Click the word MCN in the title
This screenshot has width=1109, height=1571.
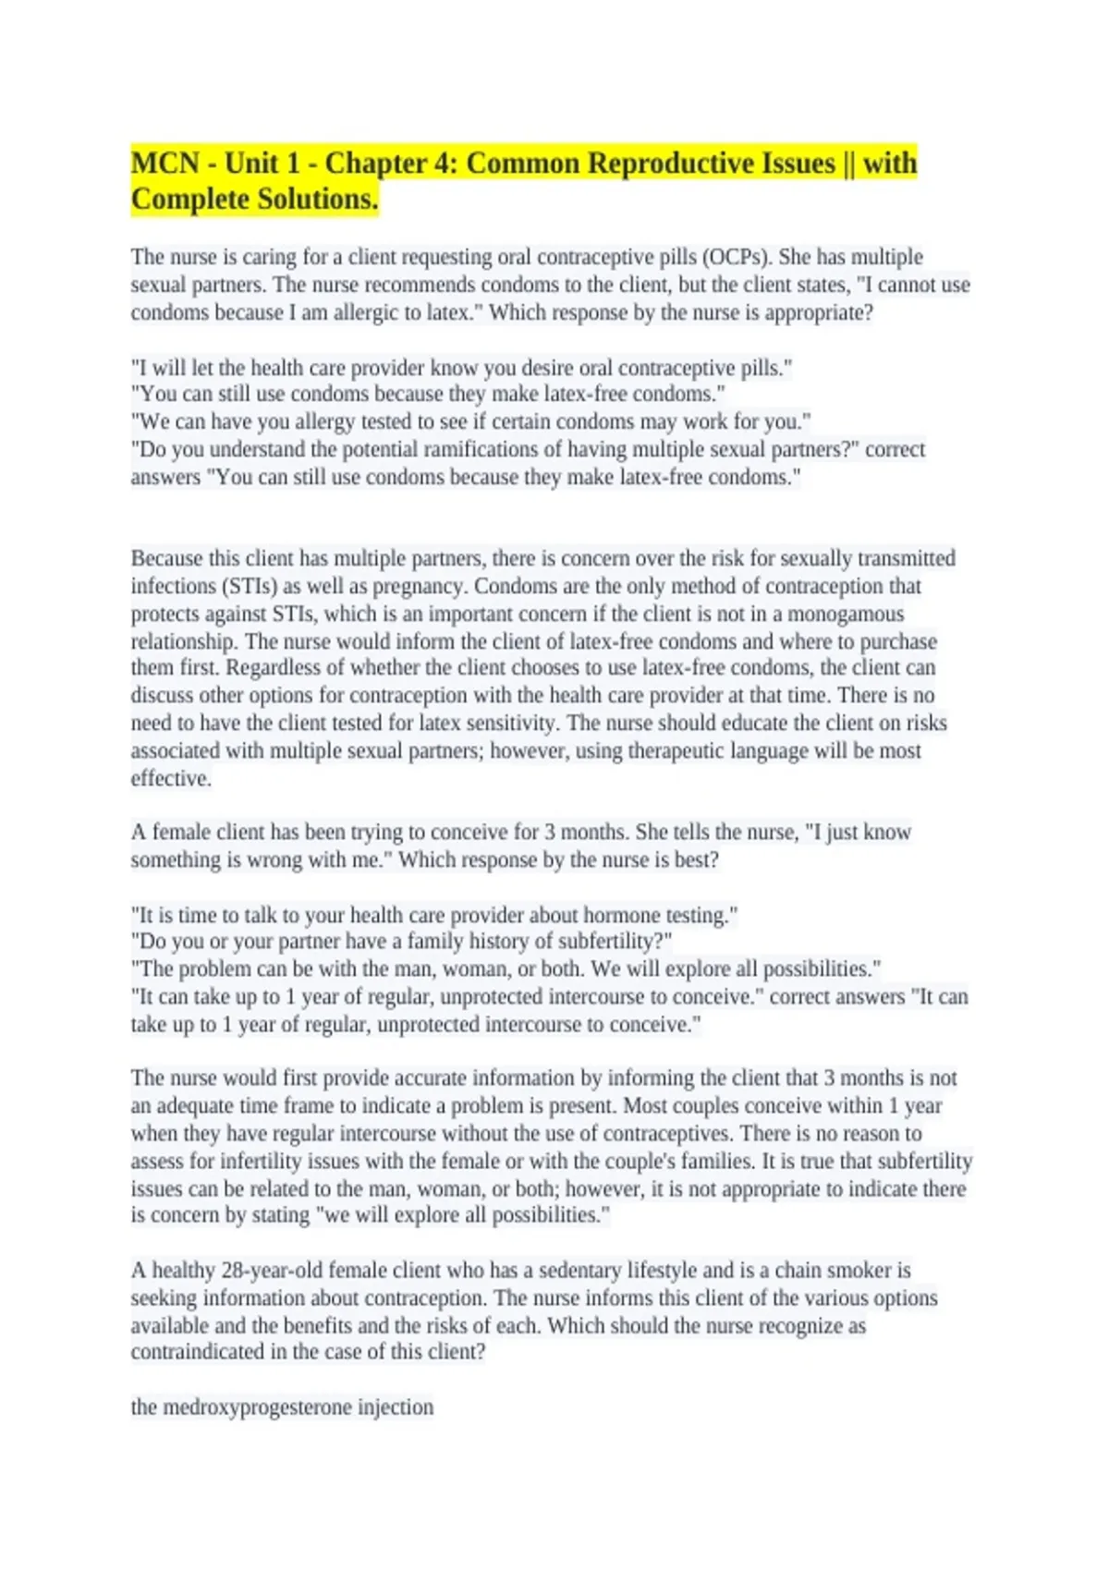point(165,164)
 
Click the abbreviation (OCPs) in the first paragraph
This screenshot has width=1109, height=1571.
point(738,257)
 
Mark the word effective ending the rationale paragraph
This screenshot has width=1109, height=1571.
point(170,778)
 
